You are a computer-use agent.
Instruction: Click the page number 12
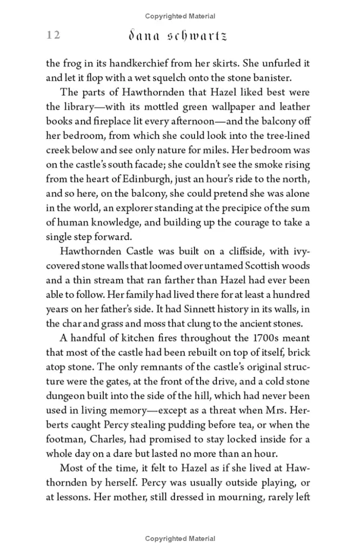pyautogui.click(x=53, y=35)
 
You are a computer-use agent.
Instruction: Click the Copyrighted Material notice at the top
pyautogui.click(x=180, y=16)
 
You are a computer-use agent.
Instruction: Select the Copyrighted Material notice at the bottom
pyautogui.click(x=180, y=538)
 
